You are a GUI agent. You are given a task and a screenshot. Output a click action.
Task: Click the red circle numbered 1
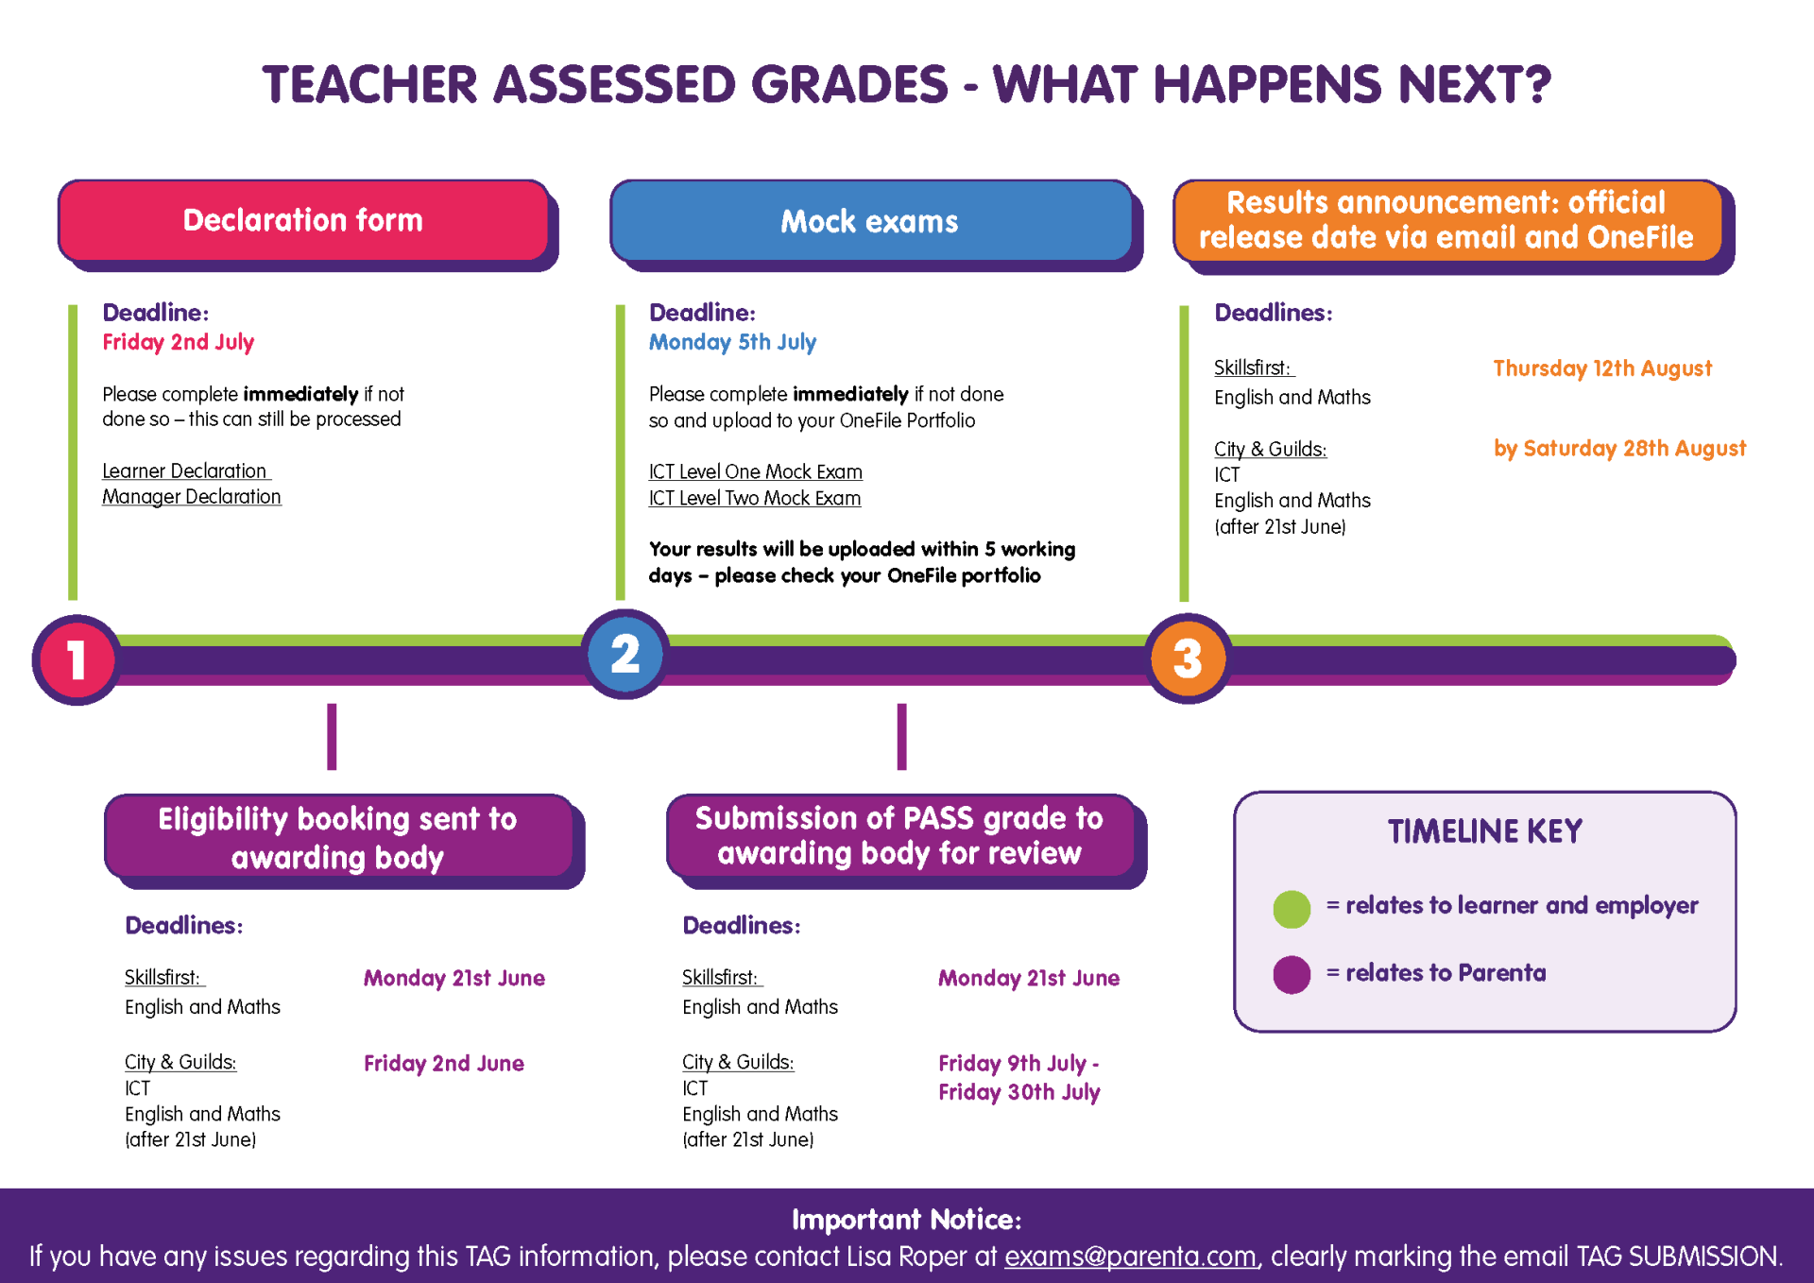[77, 659]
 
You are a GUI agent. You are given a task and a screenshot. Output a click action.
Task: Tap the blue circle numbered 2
[625, 654]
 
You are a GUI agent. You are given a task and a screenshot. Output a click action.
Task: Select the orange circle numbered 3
[1188, 659]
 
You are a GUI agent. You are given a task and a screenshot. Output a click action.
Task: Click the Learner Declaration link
[185, 470]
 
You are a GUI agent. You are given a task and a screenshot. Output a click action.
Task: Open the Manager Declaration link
[192, 497]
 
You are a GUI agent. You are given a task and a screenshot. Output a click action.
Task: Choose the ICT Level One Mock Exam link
[756, 471]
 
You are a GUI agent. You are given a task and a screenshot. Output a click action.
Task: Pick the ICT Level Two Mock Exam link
[755, 498]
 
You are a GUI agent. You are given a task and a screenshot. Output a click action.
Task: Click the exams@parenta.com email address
[1130, 1257]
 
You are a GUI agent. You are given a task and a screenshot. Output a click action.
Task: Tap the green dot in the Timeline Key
[1292, 909]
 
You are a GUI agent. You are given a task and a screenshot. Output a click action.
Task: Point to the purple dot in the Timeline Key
[1292, 975]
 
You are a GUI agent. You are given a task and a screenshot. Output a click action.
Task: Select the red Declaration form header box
[303, 220]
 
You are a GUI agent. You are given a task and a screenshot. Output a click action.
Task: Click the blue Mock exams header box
[870, 221]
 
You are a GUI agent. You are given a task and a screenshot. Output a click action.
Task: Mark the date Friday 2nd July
[179, 342]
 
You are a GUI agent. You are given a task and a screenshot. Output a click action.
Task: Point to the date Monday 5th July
[732, 342]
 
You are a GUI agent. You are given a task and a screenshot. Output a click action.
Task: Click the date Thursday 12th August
[1602, 368]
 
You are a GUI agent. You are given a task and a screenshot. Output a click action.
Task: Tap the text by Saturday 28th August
[1619, 449]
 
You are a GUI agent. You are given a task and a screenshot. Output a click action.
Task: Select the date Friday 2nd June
[444, 1063]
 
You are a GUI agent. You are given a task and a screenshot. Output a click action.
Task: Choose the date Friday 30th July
[1019, 1092]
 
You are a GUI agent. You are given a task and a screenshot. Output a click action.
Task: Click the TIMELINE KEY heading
[1484, 831]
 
